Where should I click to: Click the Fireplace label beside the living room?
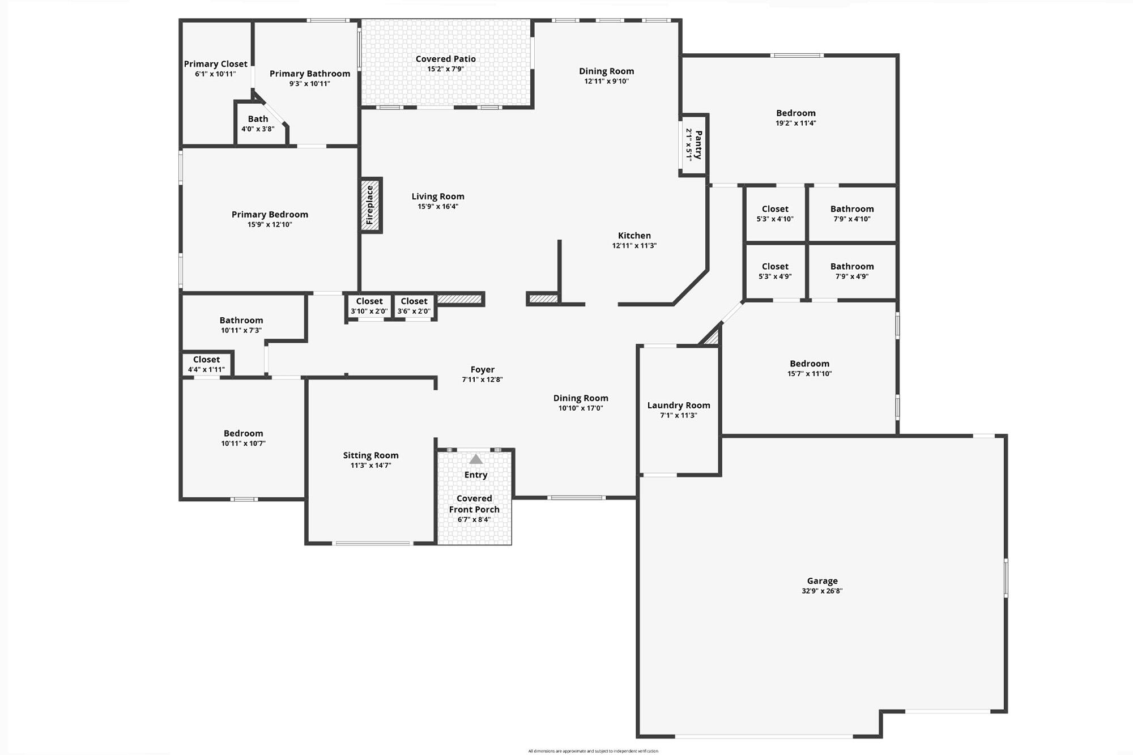coord(370,205)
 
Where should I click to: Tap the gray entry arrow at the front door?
coord(476,459)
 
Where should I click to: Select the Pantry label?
coord(698,144)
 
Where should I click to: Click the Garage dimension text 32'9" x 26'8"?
coord(822,591)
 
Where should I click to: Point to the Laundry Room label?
coord(679,406)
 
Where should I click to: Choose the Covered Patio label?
coord(446,59)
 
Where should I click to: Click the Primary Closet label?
coord(215,64)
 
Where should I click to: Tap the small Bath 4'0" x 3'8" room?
coord(258,123)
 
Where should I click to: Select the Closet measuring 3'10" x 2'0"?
coord(369,306)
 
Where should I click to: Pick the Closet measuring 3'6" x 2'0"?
coord(414,306)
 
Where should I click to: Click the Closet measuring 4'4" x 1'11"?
coord(206,364)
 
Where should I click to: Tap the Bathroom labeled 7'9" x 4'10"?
coord(852,214)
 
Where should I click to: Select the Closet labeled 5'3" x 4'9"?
coord(775,271)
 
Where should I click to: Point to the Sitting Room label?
coord(370,455)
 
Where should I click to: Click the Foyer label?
coord(482,370)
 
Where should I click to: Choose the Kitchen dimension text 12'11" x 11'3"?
coord(634,246)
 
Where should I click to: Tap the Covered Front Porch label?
coord(474,504)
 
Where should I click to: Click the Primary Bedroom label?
coord(270,215)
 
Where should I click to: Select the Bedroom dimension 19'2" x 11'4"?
coord(796,123)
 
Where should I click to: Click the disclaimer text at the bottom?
coord(593,751)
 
